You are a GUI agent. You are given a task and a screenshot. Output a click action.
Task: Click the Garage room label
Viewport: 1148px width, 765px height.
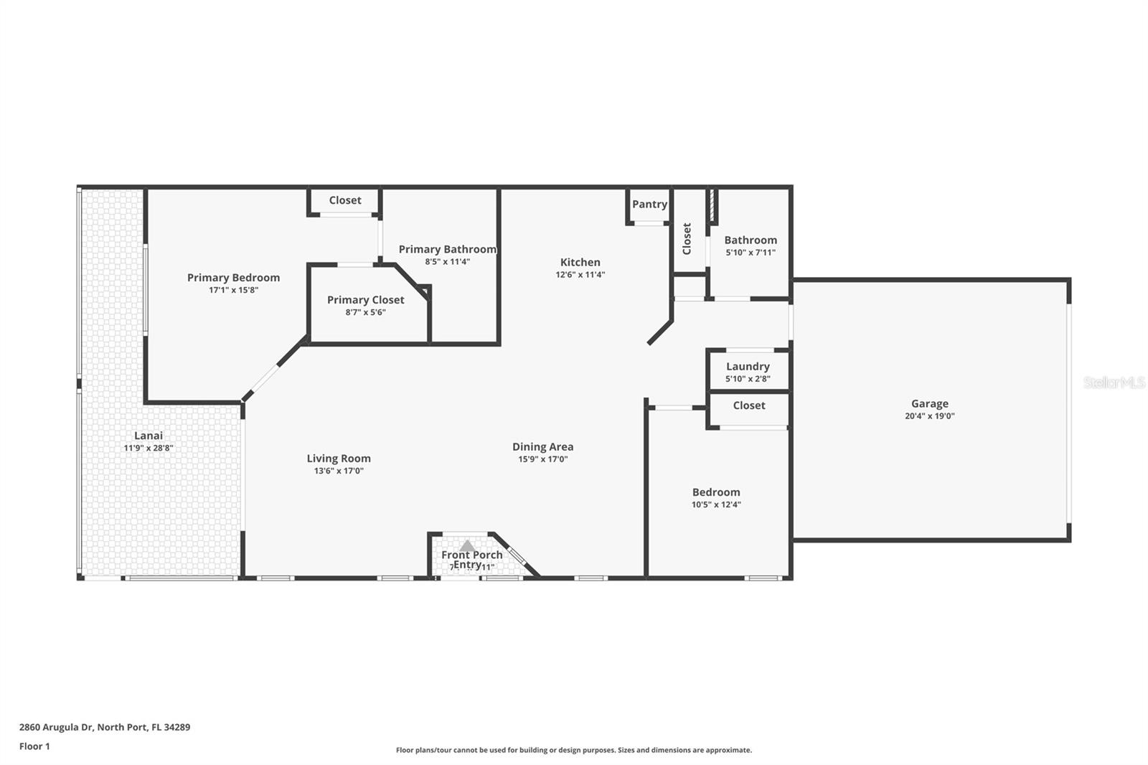(929, 404)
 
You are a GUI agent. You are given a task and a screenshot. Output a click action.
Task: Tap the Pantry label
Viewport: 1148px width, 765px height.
(649, 205)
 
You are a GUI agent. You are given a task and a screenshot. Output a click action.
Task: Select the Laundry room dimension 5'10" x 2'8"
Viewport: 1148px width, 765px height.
(748, 379)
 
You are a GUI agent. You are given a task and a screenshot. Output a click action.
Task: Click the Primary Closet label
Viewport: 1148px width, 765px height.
(365, 300)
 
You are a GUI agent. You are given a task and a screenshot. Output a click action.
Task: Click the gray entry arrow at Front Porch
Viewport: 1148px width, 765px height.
(467, 546)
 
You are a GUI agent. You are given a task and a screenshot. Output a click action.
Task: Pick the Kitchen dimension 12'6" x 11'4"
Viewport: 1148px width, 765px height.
(580, 275)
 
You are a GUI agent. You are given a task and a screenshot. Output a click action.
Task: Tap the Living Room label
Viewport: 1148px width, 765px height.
(339, 459)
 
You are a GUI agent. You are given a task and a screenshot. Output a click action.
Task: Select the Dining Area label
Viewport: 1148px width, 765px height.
(542, 447)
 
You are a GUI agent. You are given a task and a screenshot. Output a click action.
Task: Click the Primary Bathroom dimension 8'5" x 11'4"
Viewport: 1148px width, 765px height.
(447, 262)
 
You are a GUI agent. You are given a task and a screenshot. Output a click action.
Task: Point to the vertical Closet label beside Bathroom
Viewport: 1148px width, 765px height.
(687, 238)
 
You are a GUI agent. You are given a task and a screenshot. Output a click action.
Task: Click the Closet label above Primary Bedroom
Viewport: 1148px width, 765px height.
(345, 201)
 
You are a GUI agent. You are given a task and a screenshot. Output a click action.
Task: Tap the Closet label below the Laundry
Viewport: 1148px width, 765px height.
(749, 405)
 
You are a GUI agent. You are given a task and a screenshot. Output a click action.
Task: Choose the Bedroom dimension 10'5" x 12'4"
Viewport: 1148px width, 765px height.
(716, 504)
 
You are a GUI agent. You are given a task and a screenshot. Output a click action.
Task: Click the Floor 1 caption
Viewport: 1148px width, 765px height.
(34, 746)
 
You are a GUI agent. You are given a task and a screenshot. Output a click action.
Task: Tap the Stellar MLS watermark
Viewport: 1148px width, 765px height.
(1114, 383)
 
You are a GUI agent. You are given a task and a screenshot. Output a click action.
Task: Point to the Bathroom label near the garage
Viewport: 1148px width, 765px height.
(750, 240)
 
